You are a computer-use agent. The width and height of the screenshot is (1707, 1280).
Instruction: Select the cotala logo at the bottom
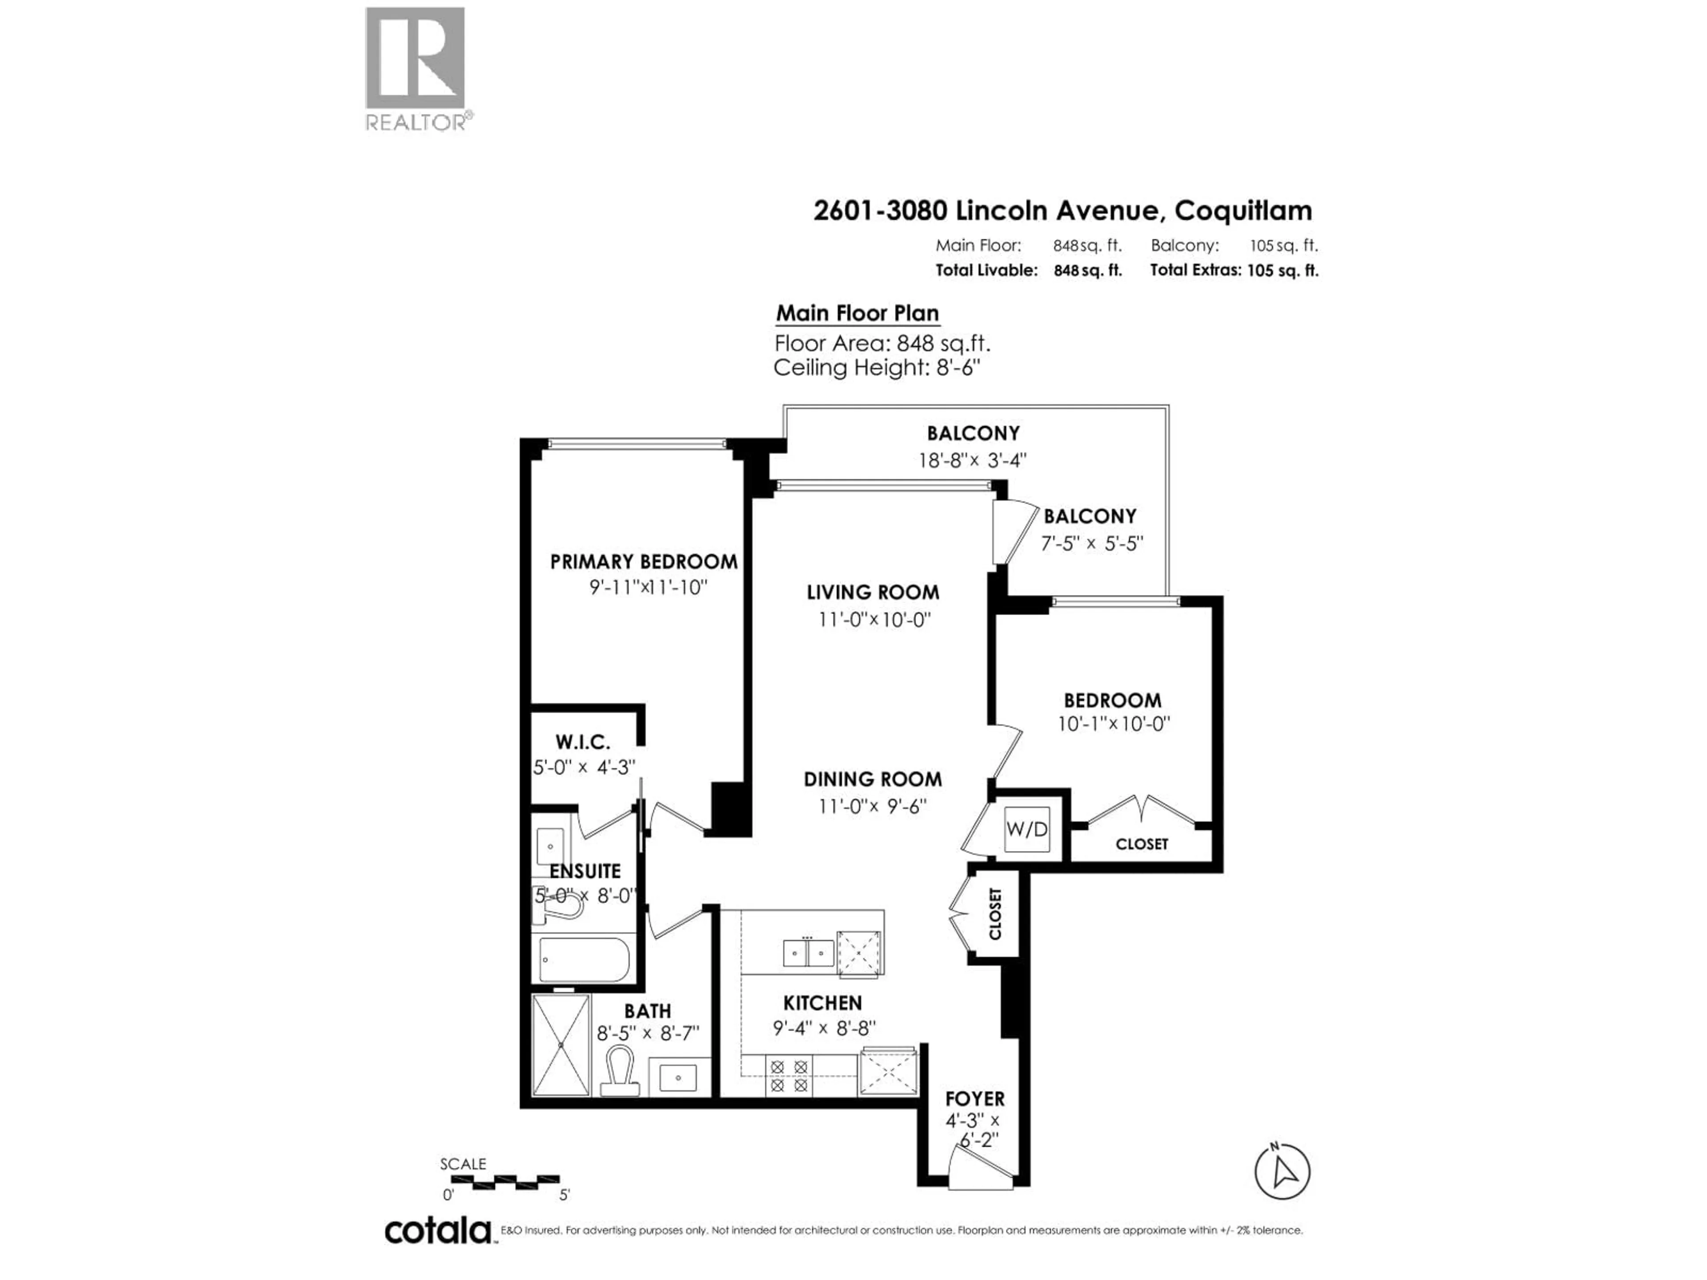pos(437,1231)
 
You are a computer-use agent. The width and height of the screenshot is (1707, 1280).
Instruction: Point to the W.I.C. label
pos(583,742)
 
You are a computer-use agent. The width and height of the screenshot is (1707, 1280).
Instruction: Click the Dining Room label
pos(872,779)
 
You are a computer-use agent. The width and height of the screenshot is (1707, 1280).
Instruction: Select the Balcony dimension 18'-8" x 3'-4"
pos(972,460)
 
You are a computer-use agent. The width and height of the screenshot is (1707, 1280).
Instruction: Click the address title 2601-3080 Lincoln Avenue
pos(1062,210)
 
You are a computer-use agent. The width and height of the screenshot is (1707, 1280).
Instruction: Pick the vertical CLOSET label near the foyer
pos(995,914)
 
